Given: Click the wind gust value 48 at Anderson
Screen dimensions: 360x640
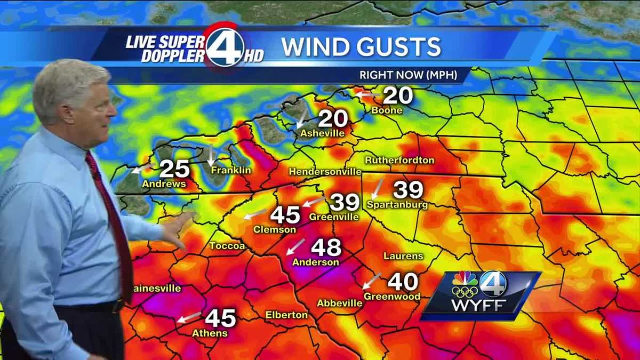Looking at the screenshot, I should tap(326, 247).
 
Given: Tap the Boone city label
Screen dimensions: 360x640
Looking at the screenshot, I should tap(387, 110).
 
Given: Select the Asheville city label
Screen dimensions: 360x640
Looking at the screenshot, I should tap(322, 133).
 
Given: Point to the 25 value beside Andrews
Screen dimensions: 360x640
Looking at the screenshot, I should tap(174, 169).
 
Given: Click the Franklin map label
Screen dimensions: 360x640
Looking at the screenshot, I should tap(230, 171).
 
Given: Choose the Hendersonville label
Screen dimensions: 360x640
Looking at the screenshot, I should tap(325, 172).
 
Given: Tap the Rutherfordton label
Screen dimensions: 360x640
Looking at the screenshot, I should tap(399, 160).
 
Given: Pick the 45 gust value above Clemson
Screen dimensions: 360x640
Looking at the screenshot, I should tap(285, 215).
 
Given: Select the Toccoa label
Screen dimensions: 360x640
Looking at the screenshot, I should tap(227, 246).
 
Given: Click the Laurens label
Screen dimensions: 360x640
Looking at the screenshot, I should tap(403, 256).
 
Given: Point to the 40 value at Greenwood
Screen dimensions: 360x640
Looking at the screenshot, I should tap(403, 282).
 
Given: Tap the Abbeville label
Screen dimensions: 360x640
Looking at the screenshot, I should tap(340, 303).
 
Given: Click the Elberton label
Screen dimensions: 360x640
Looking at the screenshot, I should tap(286, 315).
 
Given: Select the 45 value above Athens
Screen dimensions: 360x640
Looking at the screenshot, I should tap(220, 318).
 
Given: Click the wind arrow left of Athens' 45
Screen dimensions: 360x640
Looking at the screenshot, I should tap(189, 317).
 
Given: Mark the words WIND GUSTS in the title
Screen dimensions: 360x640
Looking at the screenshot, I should tap(361, 47).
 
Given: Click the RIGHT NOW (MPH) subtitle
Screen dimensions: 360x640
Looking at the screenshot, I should tap(408, 75).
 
